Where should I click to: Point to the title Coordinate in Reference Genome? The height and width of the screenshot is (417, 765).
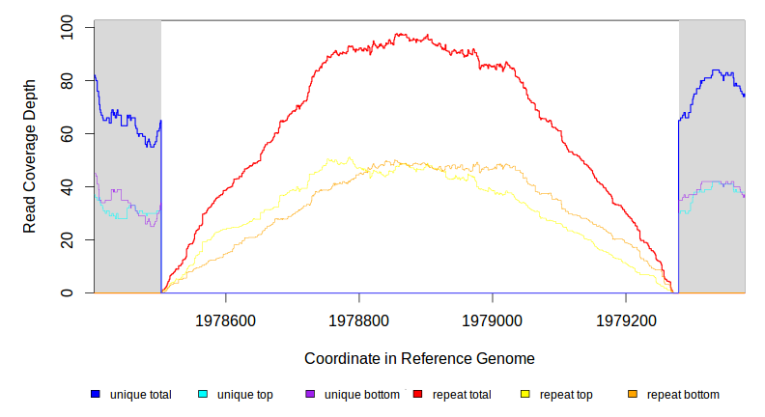tap(419, 358)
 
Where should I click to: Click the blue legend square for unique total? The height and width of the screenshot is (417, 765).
tap(96, 394)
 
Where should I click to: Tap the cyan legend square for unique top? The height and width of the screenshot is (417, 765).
tap(203, 394)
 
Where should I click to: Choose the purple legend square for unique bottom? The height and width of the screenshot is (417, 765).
tap(310, 394)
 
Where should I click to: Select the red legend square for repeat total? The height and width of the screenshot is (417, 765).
tap(417, 394)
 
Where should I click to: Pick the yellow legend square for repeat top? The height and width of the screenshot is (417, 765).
tap(525, 394)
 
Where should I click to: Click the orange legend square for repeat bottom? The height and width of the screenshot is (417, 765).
tap(633, 394)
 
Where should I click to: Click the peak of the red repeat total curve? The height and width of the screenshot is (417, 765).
tap(398, 35)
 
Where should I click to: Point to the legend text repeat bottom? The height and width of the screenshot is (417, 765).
tap(683, 394)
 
